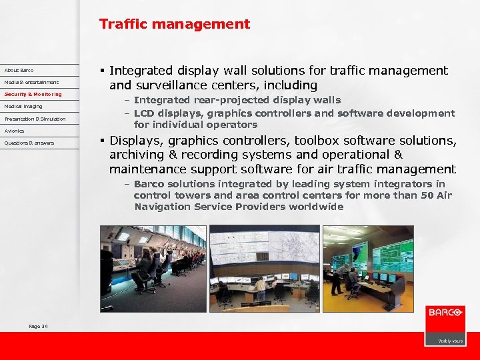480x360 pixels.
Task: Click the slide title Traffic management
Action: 175,25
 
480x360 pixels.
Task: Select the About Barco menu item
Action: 19,70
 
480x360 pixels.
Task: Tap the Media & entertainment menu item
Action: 31,82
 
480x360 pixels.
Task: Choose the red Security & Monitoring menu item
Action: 33,94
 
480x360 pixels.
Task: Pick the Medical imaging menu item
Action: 23,106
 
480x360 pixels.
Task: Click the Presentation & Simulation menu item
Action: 35,119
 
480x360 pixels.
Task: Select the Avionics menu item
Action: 15,131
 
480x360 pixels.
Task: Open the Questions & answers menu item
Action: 29,143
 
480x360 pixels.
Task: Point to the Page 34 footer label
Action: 38,326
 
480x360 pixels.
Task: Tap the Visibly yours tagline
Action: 450,341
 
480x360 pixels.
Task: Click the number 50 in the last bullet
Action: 427,195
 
